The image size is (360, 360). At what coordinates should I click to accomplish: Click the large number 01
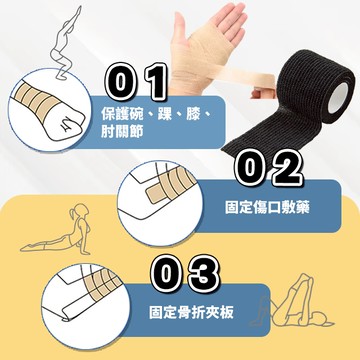pyautogui.click(x=136, y=82)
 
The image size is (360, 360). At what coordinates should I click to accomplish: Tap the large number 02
pyautogui.click(x=268, y=168)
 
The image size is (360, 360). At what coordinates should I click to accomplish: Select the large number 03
pyautogui.click(x=185, y=274)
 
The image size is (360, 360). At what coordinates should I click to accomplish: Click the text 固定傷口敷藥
pyautogui.click(x=267, y=207)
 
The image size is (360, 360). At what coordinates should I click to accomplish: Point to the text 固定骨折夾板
pyautogui.click(x=191, y=312)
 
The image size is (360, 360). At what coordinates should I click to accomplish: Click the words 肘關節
pyautogui.click(x=122, y=132)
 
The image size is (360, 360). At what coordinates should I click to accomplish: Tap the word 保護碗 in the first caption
pyautogui.click(x=122, y=114)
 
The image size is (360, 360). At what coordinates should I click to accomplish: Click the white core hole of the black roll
pyautogui.click(x=337, y=97)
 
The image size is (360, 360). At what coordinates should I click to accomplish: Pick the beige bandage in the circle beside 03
pyautogui.click(x=102, y=283)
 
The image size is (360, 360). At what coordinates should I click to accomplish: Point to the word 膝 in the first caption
pyautogui.click(x=193, y=114)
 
